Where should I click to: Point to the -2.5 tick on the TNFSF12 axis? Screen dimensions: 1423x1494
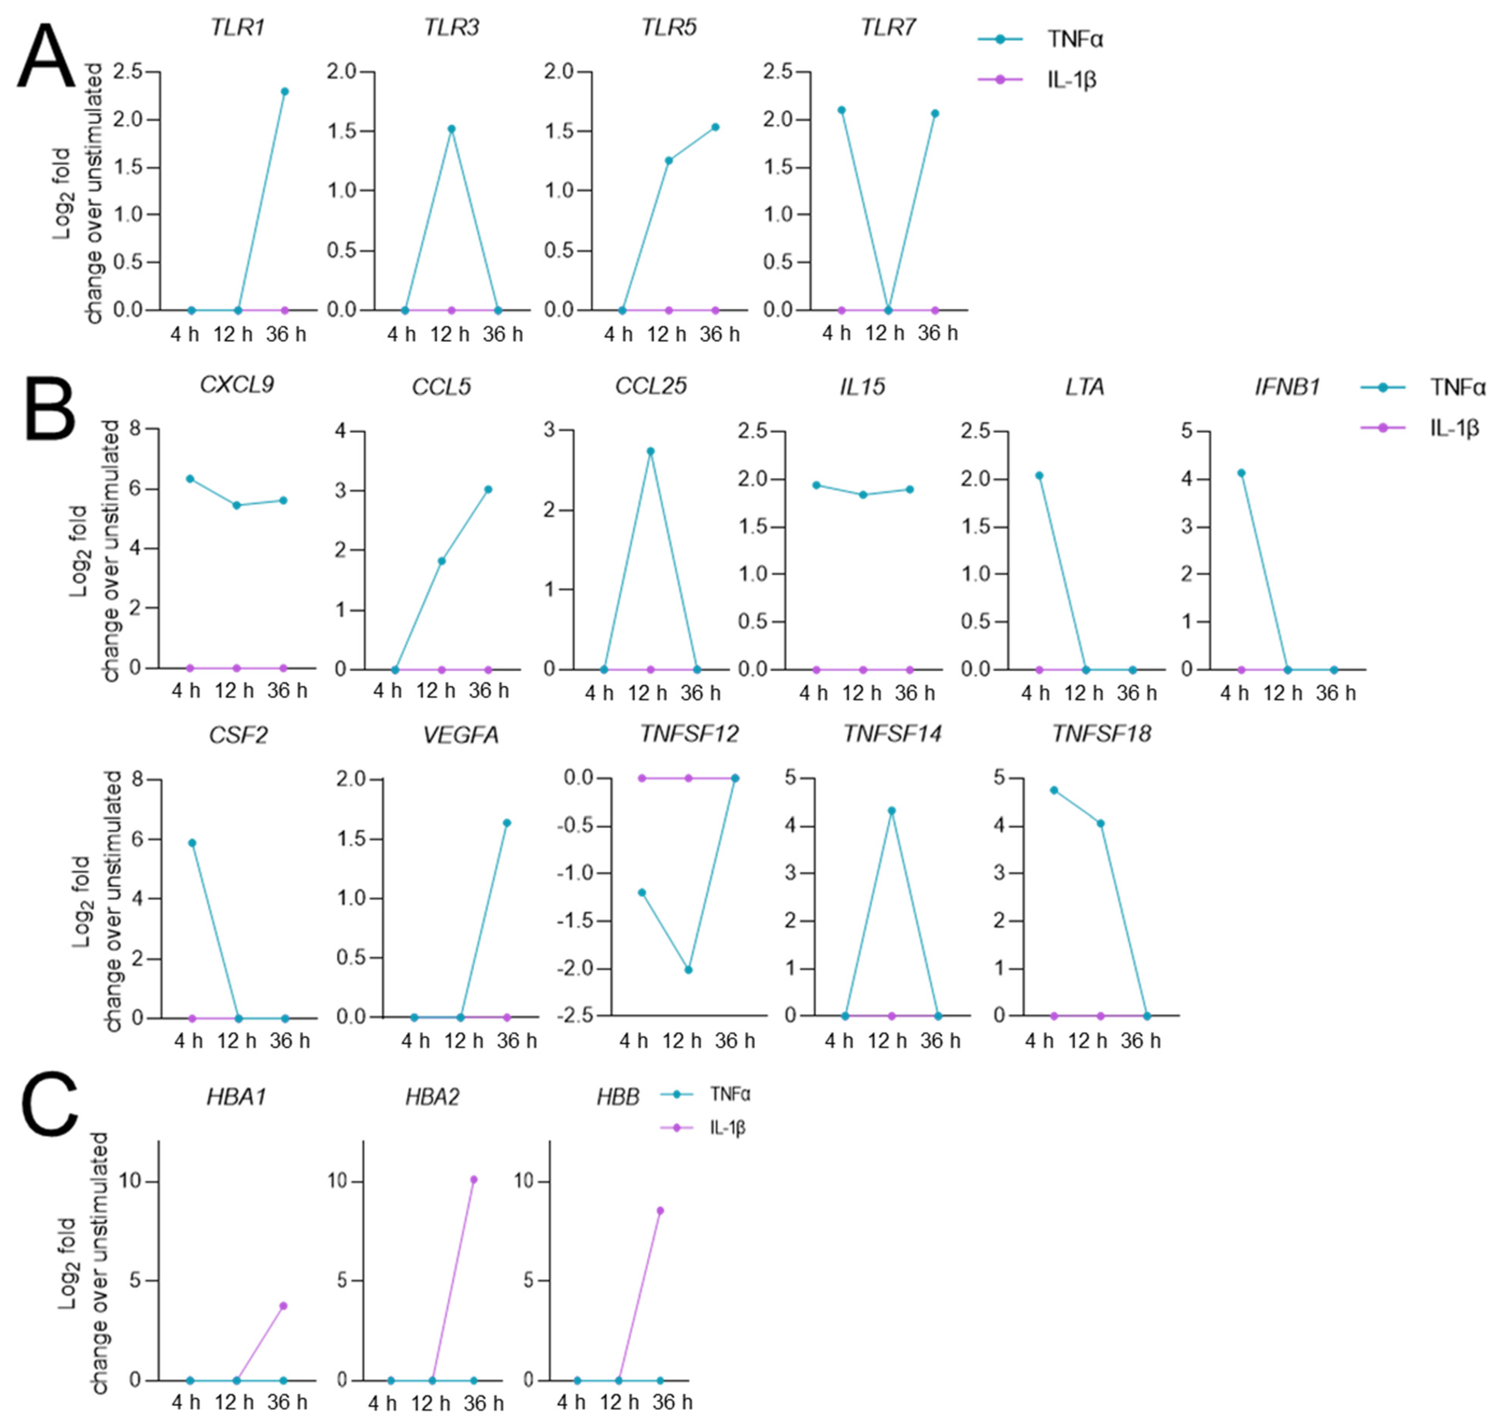579,1016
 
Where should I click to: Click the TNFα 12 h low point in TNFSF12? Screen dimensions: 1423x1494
688,970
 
